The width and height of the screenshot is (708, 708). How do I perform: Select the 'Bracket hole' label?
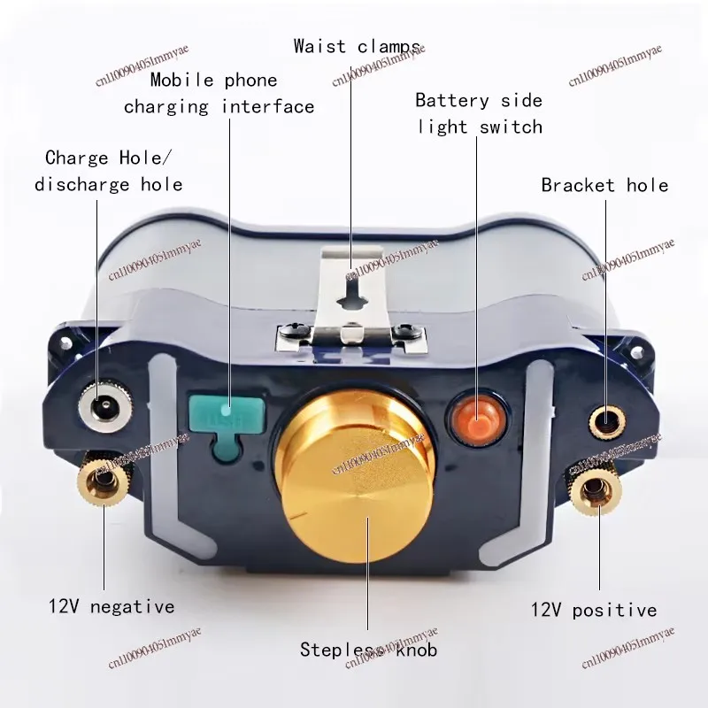[604, 185]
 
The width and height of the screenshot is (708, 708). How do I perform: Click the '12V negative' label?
[112, 607]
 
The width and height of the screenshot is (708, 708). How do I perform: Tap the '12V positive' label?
[594, 610]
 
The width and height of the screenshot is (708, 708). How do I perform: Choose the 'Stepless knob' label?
[368, 650]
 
